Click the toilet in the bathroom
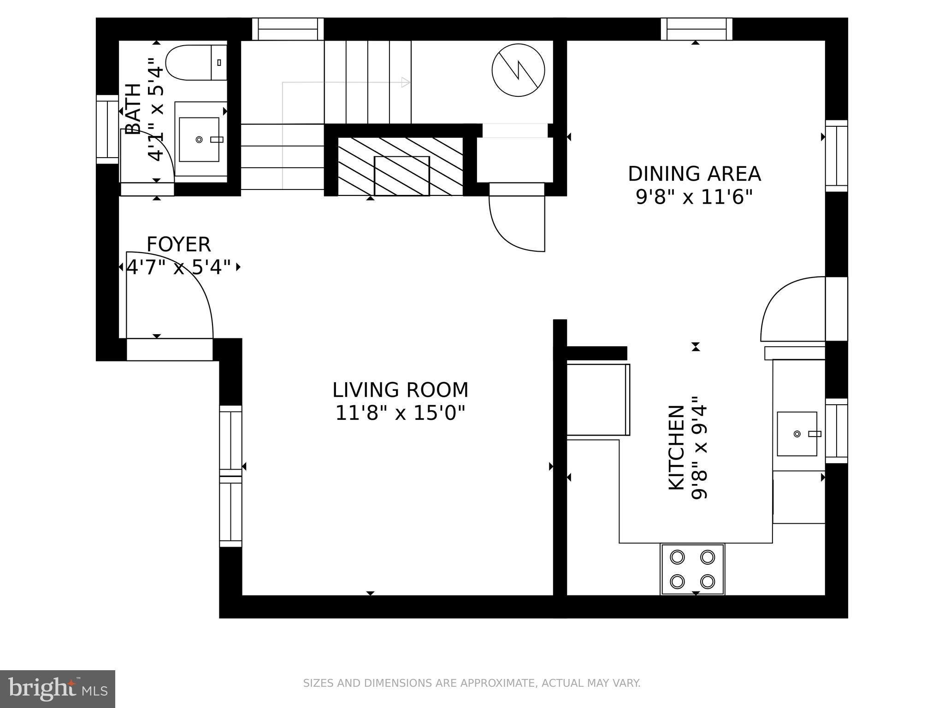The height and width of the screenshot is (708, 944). [194, 62]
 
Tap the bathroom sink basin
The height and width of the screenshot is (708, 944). [199, 139]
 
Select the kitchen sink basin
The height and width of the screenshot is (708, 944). [796, 434]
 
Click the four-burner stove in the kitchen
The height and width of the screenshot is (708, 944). [692, 569]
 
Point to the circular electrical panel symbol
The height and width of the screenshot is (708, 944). [518, 70]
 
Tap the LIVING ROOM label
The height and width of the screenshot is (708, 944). [400, 390]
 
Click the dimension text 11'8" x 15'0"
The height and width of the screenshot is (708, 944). [400, 413]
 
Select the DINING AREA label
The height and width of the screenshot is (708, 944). [694, 174]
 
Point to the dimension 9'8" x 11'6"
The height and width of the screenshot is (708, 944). [694, 198]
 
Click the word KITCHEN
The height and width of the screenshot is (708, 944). [677, 447]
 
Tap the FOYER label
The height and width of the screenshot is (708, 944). [178, 244]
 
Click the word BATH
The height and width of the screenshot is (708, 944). [133, 109]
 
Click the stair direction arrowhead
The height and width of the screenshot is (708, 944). [406, 83]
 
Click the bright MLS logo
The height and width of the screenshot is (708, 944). [57, 689]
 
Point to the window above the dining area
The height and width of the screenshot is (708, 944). [696, 29]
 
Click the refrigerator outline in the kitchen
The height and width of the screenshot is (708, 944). [598, 399]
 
